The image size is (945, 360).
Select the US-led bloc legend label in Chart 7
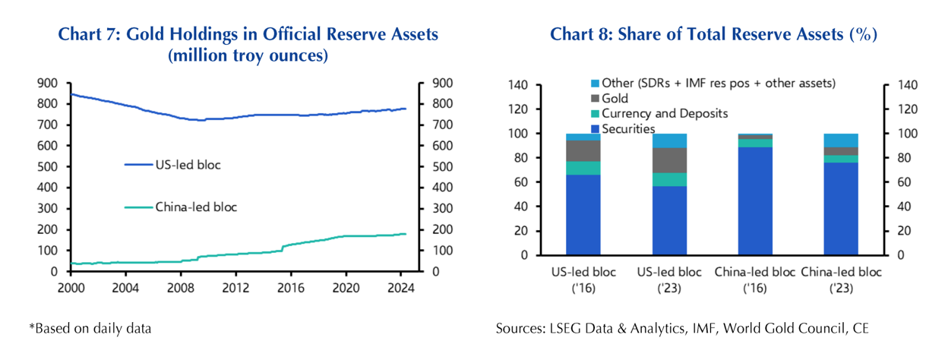tap(187, 164)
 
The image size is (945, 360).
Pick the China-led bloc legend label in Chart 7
tap(196, 206)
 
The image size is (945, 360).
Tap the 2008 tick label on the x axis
tap(180, 288)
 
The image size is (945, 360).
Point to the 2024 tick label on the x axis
tap(400, 288)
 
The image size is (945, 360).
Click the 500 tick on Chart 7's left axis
tap(47, 166)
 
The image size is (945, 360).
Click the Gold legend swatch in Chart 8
tap(595, 99)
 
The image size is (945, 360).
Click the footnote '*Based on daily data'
tap(90, 328)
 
